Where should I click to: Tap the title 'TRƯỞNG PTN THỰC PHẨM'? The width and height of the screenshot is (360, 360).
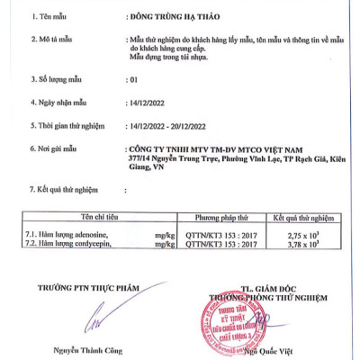90,286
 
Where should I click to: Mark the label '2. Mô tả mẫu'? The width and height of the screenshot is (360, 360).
50,41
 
